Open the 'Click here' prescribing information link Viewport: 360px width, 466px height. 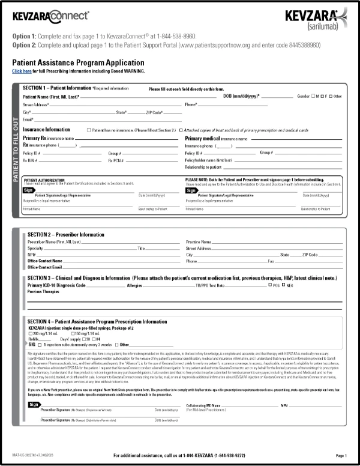tap(22, 71)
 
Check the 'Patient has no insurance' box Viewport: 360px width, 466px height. tap(89, 130)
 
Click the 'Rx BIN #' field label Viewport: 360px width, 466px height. tap(32, 160)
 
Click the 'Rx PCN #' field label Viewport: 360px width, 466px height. tap(116, 160)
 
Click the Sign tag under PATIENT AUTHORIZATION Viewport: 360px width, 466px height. tap(28, 189)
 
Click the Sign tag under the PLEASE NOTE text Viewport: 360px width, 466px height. tap(190, 189)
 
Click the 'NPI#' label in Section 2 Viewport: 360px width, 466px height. tap(32, 254)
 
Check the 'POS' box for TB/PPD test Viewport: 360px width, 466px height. tap(269, 286)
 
